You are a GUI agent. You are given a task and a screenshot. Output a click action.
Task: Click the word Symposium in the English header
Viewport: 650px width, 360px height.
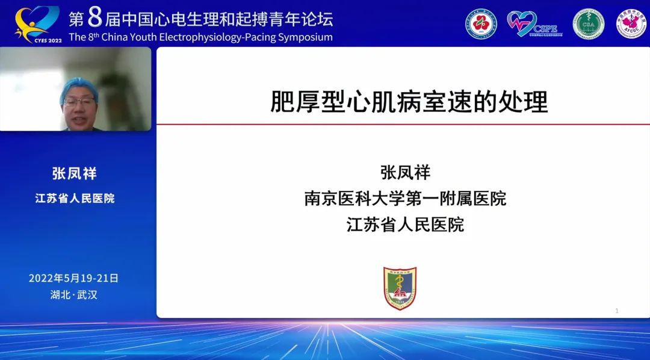point(302,37)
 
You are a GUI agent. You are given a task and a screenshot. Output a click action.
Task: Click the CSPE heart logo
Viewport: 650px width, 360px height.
point(533,23)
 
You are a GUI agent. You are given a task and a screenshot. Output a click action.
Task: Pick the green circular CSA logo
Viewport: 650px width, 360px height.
point(588,23)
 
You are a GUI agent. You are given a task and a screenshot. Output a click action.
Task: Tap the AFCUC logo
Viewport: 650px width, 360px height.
point(630,23)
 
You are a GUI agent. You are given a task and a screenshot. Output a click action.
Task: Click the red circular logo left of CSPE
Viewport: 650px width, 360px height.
point(481,23)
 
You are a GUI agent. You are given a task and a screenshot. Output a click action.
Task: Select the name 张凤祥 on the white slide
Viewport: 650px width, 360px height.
point(405,172)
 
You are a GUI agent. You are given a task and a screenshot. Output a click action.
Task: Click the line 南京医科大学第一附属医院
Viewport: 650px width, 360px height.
point(405,199)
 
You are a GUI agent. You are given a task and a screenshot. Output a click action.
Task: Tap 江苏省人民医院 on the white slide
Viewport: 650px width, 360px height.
point(405,225)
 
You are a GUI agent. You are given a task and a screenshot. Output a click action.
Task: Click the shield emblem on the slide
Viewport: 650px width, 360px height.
point(400,288)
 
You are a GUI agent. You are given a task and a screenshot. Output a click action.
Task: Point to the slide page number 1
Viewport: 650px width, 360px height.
point(617,311)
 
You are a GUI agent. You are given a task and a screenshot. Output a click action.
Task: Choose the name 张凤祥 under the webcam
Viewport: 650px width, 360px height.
point(75,173)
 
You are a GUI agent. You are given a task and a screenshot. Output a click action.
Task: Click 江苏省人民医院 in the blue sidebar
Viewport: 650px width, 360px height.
point(75,198)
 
